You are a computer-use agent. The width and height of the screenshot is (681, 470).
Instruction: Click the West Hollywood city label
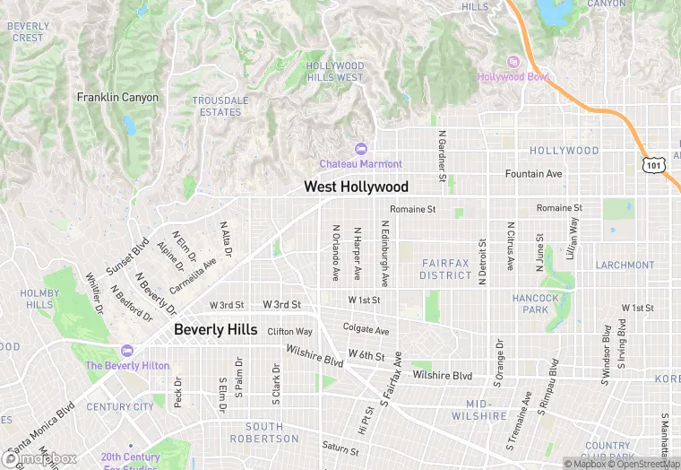coord(356,187)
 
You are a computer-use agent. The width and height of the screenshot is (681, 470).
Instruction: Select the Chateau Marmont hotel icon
coord(361,148)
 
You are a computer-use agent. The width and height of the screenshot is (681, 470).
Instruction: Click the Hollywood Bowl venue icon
coord(513,62)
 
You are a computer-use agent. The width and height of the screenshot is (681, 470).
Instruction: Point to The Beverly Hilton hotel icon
coord(126,351)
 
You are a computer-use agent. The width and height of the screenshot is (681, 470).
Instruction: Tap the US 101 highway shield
coord(653,164)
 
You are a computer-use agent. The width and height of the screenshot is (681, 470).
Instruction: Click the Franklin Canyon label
coord(117,97)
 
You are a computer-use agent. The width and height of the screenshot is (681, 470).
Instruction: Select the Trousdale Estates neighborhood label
coord(219,107)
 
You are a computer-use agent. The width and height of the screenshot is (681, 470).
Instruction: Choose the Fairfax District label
coord(445,269)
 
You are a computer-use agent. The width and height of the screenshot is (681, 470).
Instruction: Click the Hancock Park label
coord(536,303)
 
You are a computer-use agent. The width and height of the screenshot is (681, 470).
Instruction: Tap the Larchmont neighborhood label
coord(625,265)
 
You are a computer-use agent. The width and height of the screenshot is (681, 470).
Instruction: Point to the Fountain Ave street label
coord(533,173)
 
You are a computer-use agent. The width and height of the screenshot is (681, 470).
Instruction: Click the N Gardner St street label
coord(442,155)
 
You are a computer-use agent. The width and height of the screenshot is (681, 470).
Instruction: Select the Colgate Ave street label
coord(366,330)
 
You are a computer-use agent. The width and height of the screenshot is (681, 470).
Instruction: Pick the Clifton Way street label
coord(290,331)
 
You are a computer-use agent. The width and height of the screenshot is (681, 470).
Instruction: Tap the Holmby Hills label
coord(39,299)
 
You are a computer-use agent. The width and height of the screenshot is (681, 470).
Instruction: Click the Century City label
coord(120,407)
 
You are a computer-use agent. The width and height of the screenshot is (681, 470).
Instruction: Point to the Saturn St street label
coord(340,446)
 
